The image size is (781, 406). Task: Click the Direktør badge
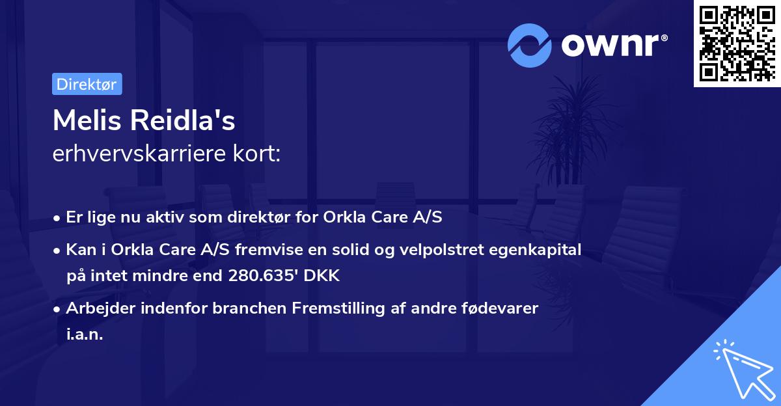coord(87,84)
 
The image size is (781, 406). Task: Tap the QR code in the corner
coord(737,44)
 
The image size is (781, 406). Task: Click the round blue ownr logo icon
coord(530,46)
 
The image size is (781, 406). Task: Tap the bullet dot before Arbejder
coord(58,309)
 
